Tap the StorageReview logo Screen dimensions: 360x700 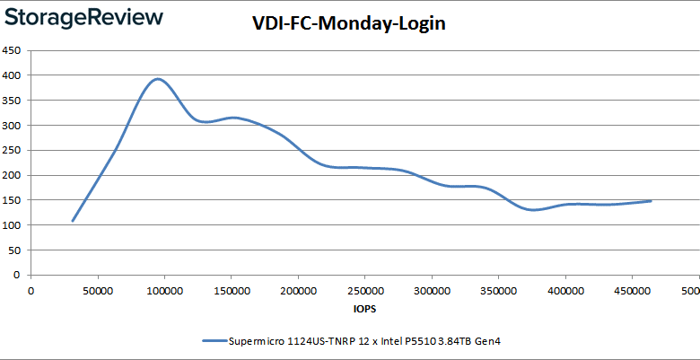(x=83, y=18)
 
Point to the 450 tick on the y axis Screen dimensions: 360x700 (x=13, y=51)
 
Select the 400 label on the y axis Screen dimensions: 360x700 (x=13, y=75)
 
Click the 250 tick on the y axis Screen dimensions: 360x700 (x=13, y=151)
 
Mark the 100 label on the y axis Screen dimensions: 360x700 (x=13, y=225)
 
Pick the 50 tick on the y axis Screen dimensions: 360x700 (x=15, y=250)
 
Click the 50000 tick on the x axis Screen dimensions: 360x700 (x=98, y=290)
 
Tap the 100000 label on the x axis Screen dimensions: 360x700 (x=164, y=290)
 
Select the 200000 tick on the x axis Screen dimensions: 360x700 (x=298, y=290)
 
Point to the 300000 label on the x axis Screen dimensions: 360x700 (x=432, y=290)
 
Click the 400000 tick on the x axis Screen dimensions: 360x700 (x=565, y=290)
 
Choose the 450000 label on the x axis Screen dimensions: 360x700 (x=632, y=290)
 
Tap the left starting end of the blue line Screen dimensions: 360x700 (x=73, y=220)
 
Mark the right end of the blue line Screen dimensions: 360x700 (x=651, y=201)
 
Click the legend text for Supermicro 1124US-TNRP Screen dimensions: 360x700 (x=371, y=341)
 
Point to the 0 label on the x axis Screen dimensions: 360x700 (x=31, y=290)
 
